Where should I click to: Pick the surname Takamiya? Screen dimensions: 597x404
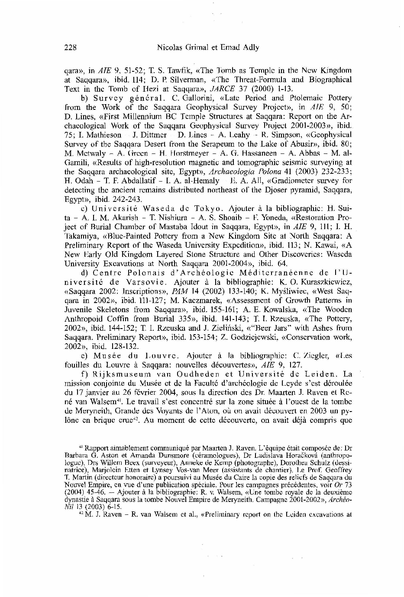pyautogui.click(x=80, y=236)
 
